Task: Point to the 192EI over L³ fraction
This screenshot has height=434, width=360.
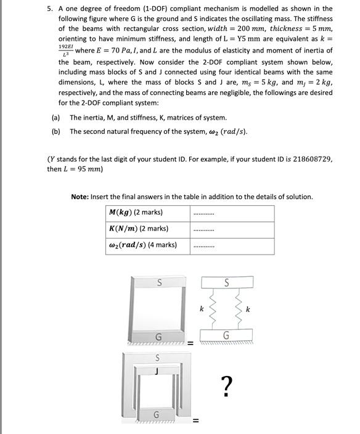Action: click(65, 51)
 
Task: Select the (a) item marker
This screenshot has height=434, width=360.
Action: click(55, 117)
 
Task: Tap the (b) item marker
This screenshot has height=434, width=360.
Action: click(55, 132)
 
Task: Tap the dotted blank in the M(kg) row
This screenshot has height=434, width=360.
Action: click(203, 213)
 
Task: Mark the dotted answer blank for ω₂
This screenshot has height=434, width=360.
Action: click(203, 246)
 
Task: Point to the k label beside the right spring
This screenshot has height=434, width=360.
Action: click(248, 309)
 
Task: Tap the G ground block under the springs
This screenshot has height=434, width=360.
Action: click(226, 336)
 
